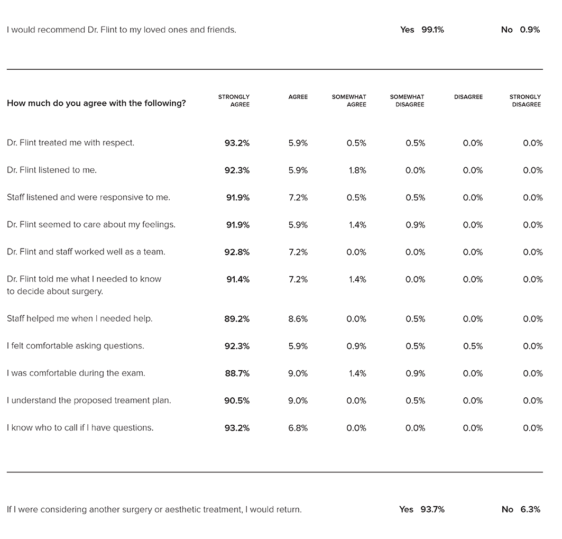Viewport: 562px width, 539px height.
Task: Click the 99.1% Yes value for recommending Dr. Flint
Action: (432, 30)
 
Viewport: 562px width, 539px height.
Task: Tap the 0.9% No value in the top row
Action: (530, 30)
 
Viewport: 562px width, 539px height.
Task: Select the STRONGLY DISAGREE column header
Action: (525, 101)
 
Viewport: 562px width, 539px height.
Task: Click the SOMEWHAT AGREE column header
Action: (349, 101)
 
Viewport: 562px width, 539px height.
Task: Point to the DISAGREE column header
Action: (468, 97)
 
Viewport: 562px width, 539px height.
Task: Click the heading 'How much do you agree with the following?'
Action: (96, 103)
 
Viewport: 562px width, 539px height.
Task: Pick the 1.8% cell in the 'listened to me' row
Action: (357, 170)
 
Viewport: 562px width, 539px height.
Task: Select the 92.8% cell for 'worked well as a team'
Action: (237, 252)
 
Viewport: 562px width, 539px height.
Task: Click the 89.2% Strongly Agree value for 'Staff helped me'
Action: (237, 319)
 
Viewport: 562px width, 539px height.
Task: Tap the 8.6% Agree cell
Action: (298, 319)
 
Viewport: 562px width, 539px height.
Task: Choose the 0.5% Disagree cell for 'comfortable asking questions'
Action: (473, 346)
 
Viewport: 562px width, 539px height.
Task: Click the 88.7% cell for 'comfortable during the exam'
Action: (237, 373)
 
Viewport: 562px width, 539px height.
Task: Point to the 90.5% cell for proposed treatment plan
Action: (237, 400)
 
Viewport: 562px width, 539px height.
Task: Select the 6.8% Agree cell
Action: (298, 428)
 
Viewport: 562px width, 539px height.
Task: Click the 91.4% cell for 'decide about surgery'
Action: (238, 279)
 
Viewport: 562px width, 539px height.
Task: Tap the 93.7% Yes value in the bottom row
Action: (432, 509)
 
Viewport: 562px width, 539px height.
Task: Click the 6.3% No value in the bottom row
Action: (530, 509)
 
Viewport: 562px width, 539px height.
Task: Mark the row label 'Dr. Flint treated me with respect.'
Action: (71, 143)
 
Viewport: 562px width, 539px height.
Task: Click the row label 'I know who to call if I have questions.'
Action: (80, 427)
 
